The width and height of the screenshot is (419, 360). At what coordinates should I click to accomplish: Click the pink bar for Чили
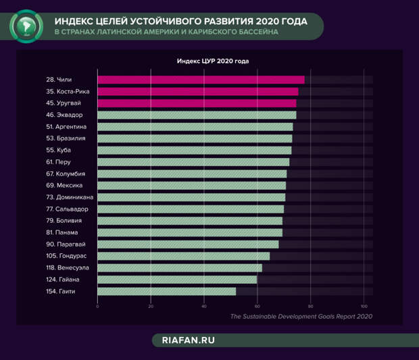pyautogui.click(x=201, y=80)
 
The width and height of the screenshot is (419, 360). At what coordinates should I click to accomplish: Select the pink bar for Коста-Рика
pyautogui.click(x=198, y=91)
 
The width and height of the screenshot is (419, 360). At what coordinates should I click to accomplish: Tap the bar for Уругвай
pyautogui.click(x=197, y=103)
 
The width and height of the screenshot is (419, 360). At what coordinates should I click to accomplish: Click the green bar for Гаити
pyautogui.click(x=166, y=291)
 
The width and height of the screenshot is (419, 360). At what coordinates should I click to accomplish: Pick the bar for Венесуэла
pyautogui.click(x=180, y=267)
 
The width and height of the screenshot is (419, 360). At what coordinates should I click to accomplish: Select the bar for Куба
pyautogui.click(x=195, y=150)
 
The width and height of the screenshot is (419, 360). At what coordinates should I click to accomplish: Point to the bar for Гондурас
pyautogui.click(x=184, y=256)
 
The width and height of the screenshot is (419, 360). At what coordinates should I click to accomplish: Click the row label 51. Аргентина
pyautogui.click(x=66, y=126)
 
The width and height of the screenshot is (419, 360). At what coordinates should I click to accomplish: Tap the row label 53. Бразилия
pyautogui.click(x=66, y=138)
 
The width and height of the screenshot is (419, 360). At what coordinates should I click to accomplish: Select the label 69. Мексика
pyautogui.click(x=64, y=185)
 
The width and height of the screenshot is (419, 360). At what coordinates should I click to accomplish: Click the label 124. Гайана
pyautogui.click(x=63, y=280)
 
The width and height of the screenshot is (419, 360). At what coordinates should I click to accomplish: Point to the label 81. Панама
pyautogui.click(x=62, y=232)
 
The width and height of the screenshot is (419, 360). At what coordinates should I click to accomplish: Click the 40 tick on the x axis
pyautogui.click(x=204, y=307)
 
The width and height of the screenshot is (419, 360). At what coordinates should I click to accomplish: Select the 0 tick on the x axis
pyautogui.click(x=98, y=307)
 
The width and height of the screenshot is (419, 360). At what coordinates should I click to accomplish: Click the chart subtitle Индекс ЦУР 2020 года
pyautogui.click(x=213, y=61)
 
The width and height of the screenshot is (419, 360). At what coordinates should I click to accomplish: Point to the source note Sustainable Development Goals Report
pyautogui.click(x=301, y=316)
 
